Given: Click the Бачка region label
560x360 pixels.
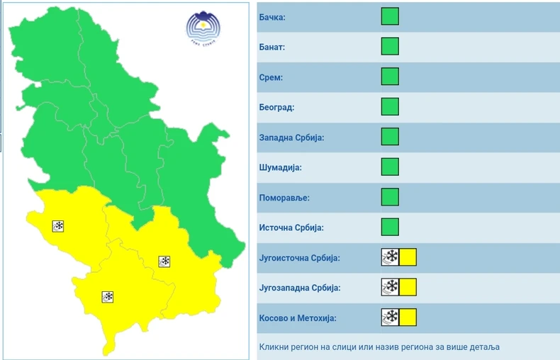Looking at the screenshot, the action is [271, 17].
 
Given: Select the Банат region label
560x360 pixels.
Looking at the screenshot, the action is [271, 47].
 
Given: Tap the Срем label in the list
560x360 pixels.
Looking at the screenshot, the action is [270, 77].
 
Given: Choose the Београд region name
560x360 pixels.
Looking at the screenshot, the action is [276, 108].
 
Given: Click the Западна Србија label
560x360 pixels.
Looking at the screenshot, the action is [291, 137].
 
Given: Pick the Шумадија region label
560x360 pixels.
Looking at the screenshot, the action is [280, 168].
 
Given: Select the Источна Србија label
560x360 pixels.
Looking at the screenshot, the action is [290, 228].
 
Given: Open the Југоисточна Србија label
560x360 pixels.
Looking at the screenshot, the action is [298, 258].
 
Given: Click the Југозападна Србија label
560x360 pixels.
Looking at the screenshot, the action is [298, 288].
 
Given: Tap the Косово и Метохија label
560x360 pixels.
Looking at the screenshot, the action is [296, 318].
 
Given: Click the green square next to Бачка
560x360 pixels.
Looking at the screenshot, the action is [390, 16].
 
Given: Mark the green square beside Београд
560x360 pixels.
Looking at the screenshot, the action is [390, 107].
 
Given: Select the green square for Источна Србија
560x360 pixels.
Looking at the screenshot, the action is [390, 227].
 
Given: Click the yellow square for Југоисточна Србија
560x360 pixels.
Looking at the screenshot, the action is [408, 257].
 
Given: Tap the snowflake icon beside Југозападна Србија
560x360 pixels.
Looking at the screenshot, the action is [390, 288].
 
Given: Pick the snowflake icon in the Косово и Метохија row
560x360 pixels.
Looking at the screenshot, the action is [390, 317].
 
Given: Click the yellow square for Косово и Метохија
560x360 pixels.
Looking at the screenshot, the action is [408, 317].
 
